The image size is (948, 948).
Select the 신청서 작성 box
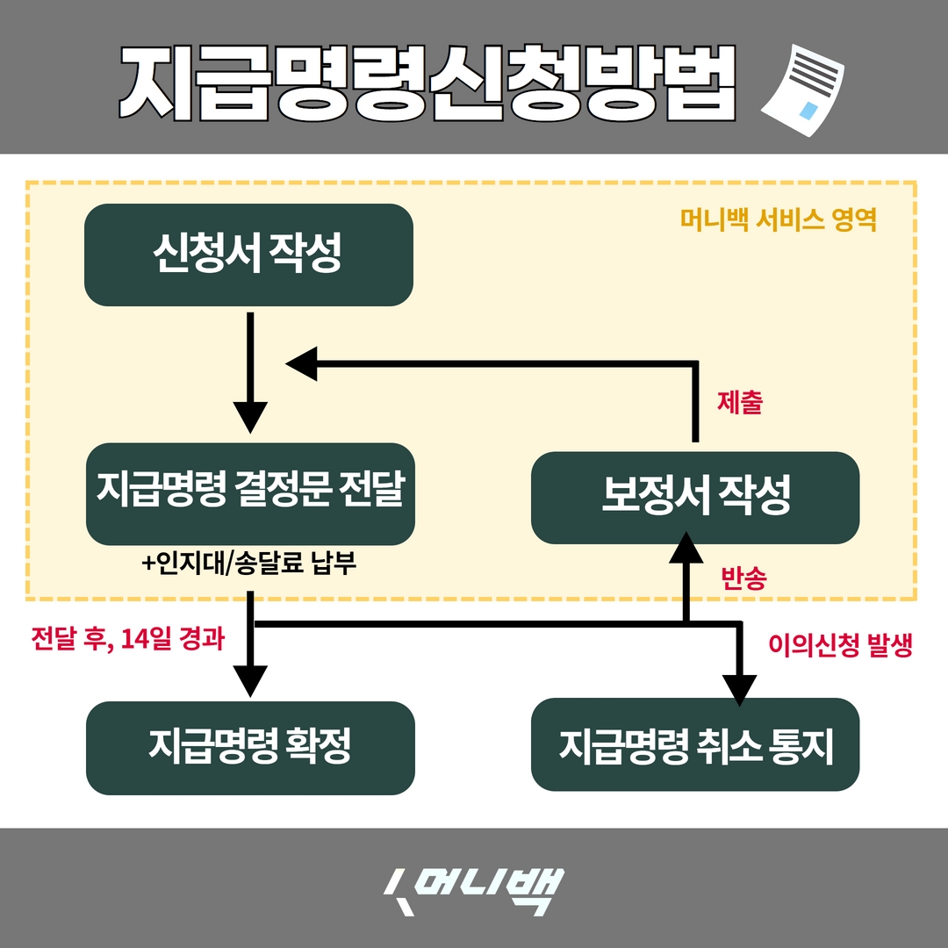(x=248, y=255)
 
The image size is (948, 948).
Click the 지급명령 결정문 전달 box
(x=250, y=493)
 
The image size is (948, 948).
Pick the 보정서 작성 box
(x=695, y=497)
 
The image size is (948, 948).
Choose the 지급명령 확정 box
(x=250, y=748)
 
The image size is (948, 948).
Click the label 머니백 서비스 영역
(x=779, y=219)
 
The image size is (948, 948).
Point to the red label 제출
(x=739, y=403)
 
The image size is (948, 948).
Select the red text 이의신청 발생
(x=840, y=646)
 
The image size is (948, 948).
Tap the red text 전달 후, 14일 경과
(x=126, y=638)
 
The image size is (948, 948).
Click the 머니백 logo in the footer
(x=474, y=891)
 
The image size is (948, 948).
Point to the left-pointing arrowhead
(x=301, y=363)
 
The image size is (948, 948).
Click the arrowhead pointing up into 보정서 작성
(x=686, y=549)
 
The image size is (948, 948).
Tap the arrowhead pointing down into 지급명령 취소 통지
(x=739, y=688)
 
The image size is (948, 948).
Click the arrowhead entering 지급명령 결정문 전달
(x=250, y=416)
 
